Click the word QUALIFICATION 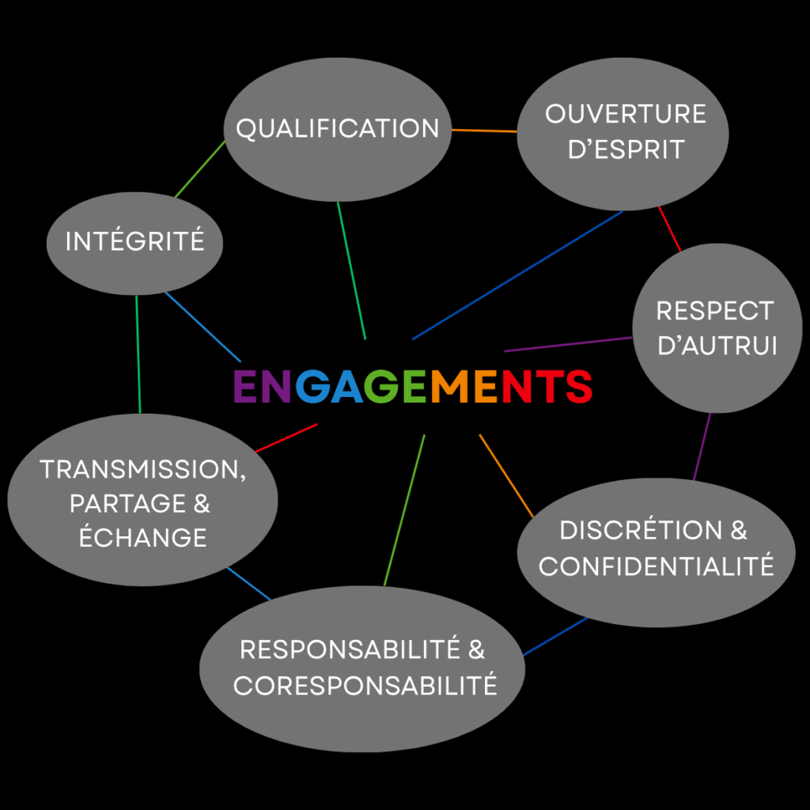pyautogui.click(x=338, y=129)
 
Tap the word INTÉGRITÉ pyautogui.click(x=134, y=241)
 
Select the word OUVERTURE pyautogui.click(x=625, y=114)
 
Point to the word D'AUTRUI pyautogui.click(x=717, y=346)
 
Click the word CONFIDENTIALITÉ pyautogui.click(x=656, y=566)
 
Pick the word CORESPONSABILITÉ pyautogui.click(x=365, y=685)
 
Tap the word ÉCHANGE pyautogui.click(x=143, y=538)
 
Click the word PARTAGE pyautogui.click(x=119, y=504)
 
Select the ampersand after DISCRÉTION pyautogui.click(x=739, y=531)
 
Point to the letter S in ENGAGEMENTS pyautogui.click(x=576, y=386)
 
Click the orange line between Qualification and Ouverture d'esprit pyautogui.click(x=484, y=131)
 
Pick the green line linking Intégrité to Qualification pyautogui.click(x=199, y=170)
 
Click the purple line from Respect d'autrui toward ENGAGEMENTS pyautogui.click(x=568, y=344)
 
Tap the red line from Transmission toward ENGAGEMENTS pyautogui.click(x=286, y=437)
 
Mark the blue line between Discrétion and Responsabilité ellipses pyautogui.click(x=555, y=637)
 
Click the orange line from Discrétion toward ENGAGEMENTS pyautogui.click(x=506, y=475)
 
